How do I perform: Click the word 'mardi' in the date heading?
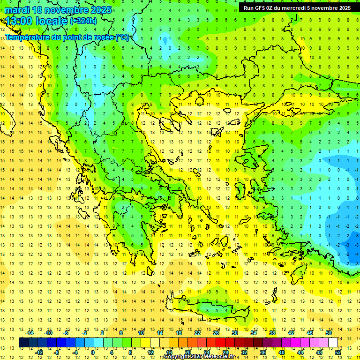[17, 10]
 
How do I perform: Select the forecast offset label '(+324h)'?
[83, 21]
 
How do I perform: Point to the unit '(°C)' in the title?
[122, 37]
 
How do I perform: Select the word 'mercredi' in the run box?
[300, 7]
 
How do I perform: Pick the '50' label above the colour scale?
[328, 333]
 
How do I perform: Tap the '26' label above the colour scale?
[216, 333]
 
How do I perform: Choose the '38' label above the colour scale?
[272, 333]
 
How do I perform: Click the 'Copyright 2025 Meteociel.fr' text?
[199, 357]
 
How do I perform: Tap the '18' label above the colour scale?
[179, 333]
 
